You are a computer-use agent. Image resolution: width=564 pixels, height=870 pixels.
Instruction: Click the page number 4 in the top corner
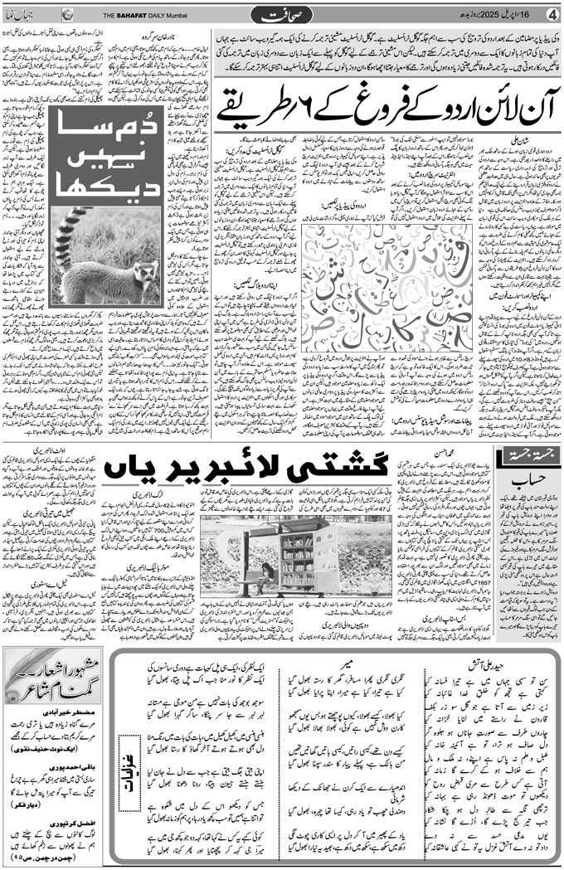coord(551,15)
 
